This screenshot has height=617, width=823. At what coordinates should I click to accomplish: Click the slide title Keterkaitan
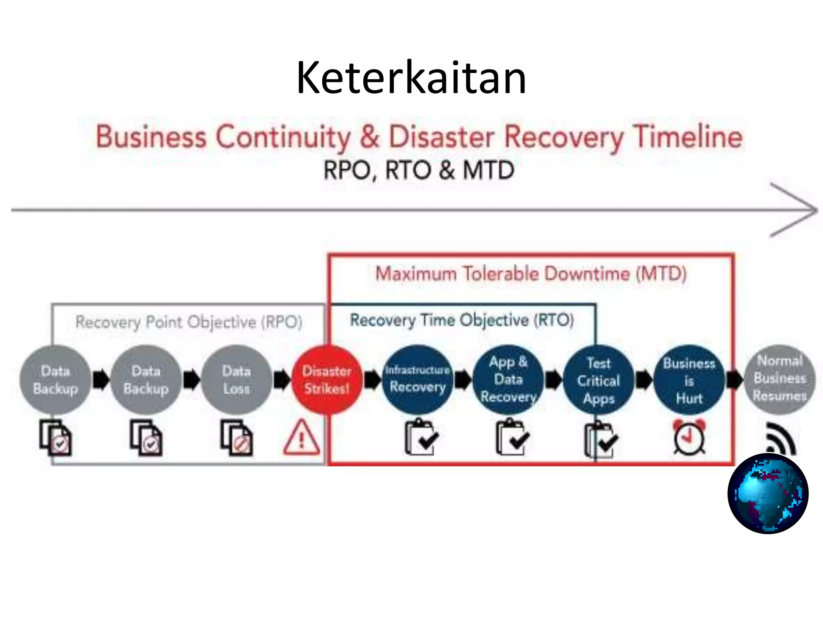pyautogui.click(x=411, y=78)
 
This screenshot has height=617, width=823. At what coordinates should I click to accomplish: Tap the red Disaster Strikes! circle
pyautogui.click(x=326, y=380)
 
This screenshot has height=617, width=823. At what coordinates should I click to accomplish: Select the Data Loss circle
pyautogui.click(x=236, y=380)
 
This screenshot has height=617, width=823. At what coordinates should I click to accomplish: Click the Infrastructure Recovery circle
pyautogui.click(x=417, y=380)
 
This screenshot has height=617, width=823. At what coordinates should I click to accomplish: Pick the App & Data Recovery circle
pyautogui.click(x=508, y=380)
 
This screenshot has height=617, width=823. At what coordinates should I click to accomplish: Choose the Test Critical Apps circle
pyautogui.click(x=598, y=380)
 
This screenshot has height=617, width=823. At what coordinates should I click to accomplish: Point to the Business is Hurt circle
pyautogui.click(x=689, y=380)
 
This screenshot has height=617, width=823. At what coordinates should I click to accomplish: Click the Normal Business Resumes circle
pyautogui.click(x=780, y=378)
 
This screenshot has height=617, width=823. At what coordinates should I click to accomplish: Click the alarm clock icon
pyautogui.click(x=689, y=438)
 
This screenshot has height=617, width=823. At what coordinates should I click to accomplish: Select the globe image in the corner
pyautogui.click(x=768, y=493)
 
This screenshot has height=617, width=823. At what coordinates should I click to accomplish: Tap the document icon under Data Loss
pyautogui.click(x=236, y=438)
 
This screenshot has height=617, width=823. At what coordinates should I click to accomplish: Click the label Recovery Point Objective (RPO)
pyautogui.click(x=189, y=322)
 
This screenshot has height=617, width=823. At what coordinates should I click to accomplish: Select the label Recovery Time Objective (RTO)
pyautogui.click(x=462, y=320)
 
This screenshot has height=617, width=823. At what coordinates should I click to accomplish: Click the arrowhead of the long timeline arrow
pyautogui.click(x=800, y=210)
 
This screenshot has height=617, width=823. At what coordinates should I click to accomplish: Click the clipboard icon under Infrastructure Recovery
pyautogui.click(x=420, y=438)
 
